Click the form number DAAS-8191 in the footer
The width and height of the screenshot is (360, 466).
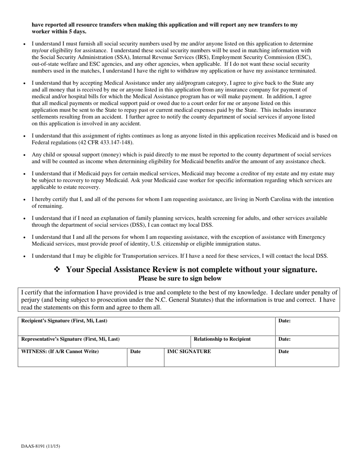coord(40,446)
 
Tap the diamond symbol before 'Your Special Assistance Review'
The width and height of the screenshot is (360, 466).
coord(57,269)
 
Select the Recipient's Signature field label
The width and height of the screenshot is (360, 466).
coord(64,321)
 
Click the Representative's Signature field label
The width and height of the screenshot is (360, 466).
coord(70,339)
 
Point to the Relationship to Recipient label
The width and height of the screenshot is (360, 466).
coord(222,339)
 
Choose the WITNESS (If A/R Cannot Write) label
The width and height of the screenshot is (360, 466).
coord(60,351)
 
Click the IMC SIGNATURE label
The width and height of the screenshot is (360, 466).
coord(189,351)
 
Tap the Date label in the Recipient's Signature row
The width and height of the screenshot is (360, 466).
coord(284,321)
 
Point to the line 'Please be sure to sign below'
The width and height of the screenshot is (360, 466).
coord(180,278)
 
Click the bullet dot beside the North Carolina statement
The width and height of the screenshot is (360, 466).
coord(25,200)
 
